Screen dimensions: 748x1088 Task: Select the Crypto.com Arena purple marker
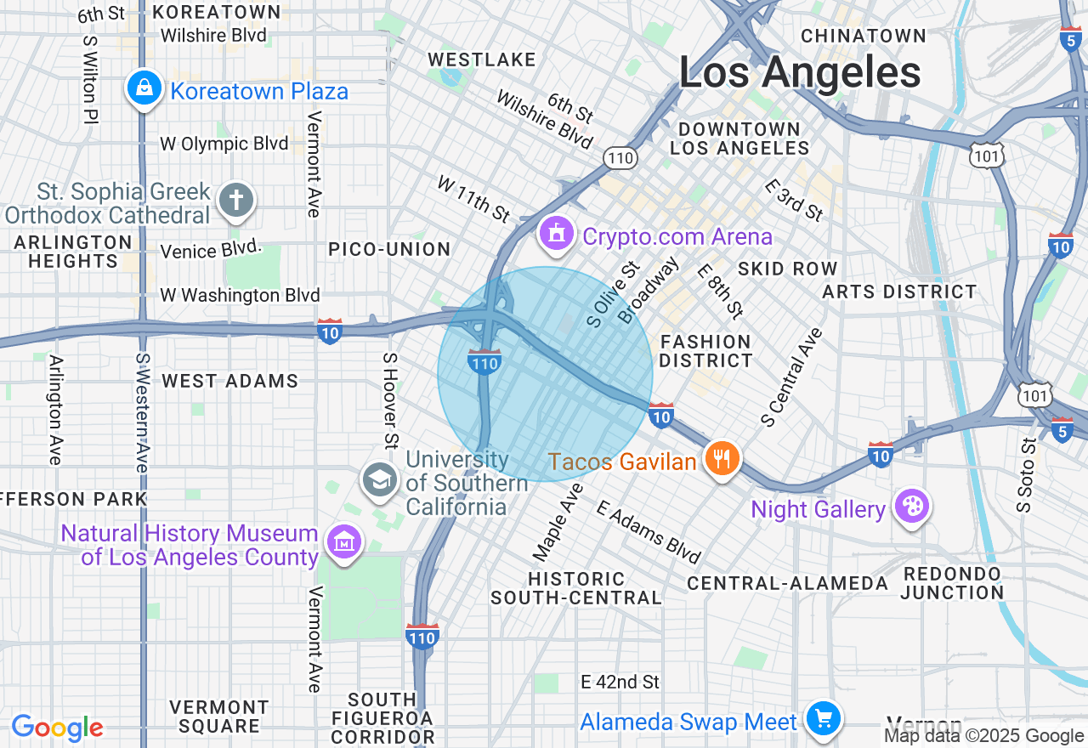(557, 233)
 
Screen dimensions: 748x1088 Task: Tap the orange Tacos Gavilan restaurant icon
(722, 460)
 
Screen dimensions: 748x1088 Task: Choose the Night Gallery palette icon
(911, 507)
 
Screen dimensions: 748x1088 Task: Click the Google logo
(58, 728)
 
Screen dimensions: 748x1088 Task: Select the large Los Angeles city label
(799, 73)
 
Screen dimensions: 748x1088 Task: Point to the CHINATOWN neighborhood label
(863, 36)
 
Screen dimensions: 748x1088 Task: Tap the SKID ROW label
(787, 269)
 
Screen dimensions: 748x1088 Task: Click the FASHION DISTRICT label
(705, 351)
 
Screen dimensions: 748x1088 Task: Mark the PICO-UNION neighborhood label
(389, 249)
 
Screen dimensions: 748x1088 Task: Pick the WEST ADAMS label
(230, 381)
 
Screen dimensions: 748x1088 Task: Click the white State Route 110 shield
(620, 157)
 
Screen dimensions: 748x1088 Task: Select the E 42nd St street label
(620, 682)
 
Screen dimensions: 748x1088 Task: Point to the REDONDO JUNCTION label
(952, 583)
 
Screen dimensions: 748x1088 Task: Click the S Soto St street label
(1027, 475)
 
